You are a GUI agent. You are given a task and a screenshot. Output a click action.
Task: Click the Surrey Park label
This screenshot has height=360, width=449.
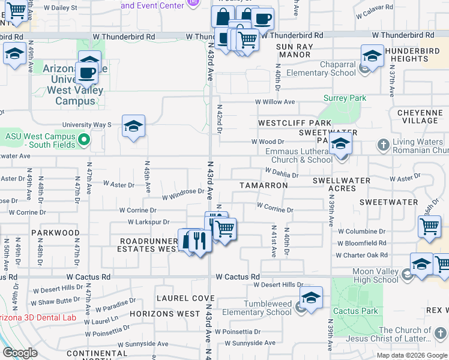345,98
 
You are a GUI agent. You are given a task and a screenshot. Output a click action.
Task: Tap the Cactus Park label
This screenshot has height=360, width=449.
355,311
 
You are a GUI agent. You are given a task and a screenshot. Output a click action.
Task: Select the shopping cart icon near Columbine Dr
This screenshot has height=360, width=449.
429,227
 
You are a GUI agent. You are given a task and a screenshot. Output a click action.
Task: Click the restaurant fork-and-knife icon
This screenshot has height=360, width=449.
200,241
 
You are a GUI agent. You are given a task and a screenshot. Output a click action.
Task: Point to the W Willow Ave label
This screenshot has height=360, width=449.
275,102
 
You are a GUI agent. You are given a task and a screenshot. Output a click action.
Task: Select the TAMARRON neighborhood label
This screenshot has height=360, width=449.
264,185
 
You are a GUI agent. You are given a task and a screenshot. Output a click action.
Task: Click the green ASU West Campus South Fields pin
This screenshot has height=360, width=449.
84,141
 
